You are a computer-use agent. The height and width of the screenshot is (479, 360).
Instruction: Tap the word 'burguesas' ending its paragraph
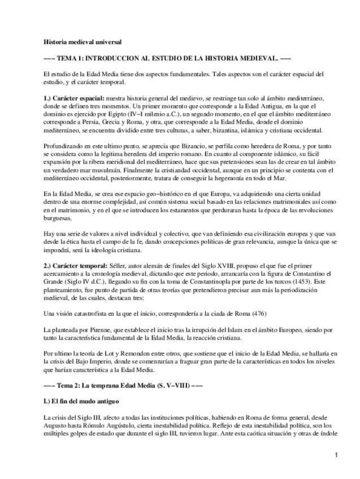59,217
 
